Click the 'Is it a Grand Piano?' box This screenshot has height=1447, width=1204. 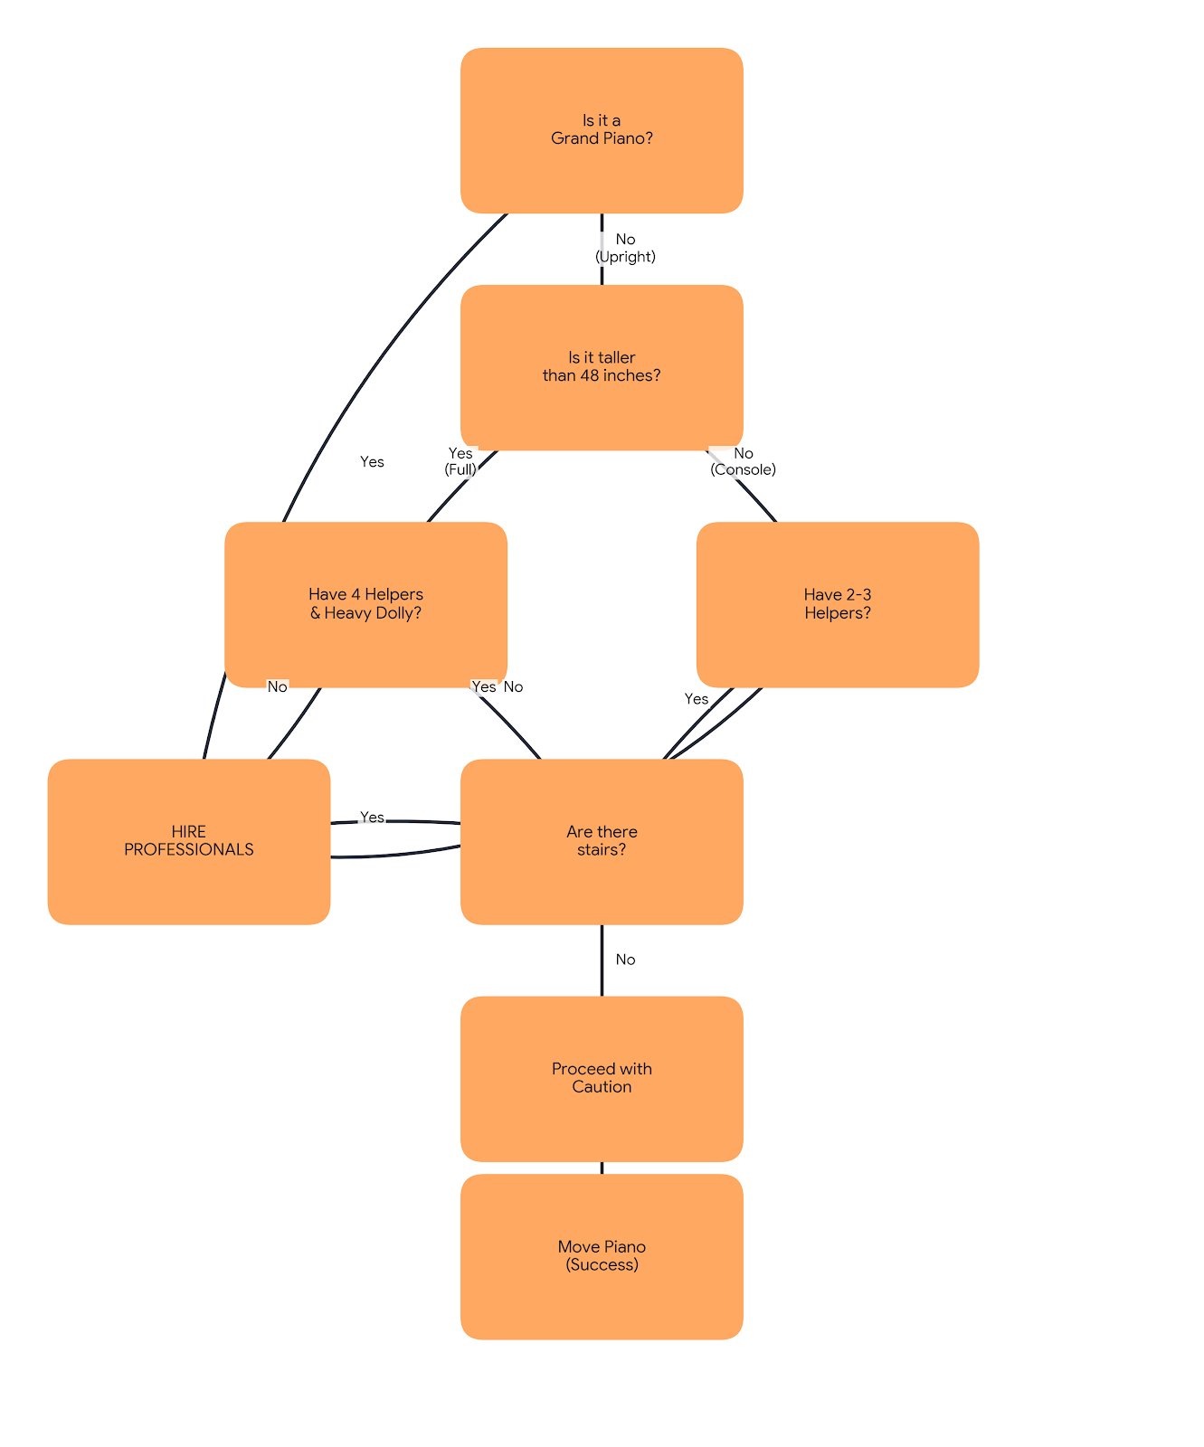coord(602,130)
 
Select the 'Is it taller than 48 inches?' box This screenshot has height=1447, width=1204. coord(602,367)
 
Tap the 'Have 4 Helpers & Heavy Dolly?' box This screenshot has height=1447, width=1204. coord(365,604)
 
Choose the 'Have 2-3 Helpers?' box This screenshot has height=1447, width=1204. coord(838,604)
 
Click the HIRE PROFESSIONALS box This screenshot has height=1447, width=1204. coord(188,841)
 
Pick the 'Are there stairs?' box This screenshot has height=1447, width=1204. coord(602,841)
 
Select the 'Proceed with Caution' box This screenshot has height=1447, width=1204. coord(602,1078)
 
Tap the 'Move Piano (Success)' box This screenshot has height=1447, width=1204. coord(602,1256)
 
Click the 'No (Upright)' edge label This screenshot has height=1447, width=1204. coord(625,248)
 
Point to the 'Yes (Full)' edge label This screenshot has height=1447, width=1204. coord(460,461)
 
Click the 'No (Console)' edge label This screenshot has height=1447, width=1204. coord(743,461)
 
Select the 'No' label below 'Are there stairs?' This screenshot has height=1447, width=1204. coord(625,960)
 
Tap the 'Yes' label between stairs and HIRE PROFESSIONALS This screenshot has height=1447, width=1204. coord(372,817)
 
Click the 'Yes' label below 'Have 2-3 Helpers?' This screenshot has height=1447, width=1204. coord(697,699)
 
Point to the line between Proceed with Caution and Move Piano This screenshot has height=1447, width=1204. coord(602,1168)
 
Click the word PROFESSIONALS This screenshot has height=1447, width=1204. coord(188,850)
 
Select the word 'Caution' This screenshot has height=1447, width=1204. coord(602,1087)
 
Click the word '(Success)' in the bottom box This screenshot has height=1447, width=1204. coord(602,1265)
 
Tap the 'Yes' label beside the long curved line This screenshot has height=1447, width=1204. coord(372,462)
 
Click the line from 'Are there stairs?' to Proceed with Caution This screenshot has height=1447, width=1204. coord(602,960)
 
